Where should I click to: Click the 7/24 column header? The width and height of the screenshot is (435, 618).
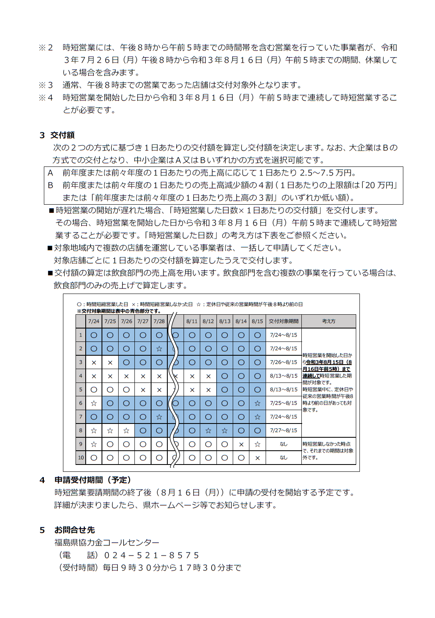click(x=93, y=321)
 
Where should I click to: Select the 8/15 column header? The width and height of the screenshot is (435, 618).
click(x=257, y=321)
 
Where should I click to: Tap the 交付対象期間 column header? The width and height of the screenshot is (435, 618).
click(x=284, y=321)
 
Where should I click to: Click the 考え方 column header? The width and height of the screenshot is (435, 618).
click(x=329, y=321)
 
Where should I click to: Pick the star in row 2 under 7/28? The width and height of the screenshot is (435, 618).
click(x=159, y=349)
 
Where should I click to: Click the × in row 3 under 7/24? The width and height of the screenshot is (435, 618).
click(x=94, y=363)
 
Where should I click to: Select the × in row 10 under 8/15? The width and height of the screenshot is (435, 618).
click(x=257, y=458)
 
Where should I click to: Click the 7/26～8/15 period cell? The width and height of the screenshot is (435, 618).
click(x=284, y=362)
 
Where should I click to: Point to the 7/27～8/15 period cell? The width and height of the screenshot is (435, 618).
click(x=284, y=430)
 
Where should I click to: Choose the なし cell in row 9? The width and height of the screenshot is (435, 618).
click(x=284, y=444)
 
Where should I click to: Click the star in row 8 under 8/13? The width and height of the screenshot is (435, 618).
click(x=225, y=431)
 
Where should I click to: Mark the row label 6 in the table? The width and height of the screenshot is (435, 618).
click(x=80, y=403)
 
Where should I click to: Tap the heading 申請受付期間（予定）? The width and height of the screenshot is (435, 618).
click(x=93, y=480)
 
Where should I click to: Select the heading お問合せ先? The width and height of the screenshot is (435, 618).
click(x=74, y=530)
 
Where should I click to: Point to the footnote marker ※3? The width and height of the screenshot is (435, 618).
click(x=45, y=85)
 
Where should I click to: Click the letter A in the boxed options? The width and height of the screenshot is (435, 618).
click(x=50, y=173)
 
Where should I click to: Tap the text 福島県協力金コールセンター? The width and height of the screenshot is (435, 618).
click(x=107, y=542)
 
